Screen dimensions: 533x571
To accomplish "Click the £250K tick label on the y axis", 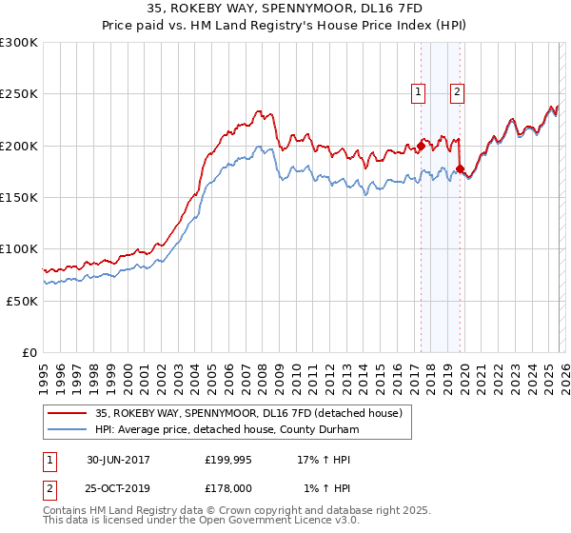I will [19, 94].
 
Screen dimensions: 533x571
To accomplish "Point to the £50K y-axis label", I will [22, 301].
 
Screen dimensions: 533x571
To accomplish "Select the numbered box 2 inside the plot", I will [458, 91].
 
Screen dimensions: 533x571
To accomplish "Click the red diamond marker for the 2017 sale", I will [421, 146].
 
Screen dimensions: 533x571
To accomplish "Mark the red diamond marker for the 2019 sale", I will [460, 168].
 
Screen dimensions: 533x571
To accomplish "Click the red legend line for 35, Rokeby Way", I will [67, 413].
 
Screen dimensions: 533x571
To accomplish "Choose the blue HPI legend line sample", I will [67, 429].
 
